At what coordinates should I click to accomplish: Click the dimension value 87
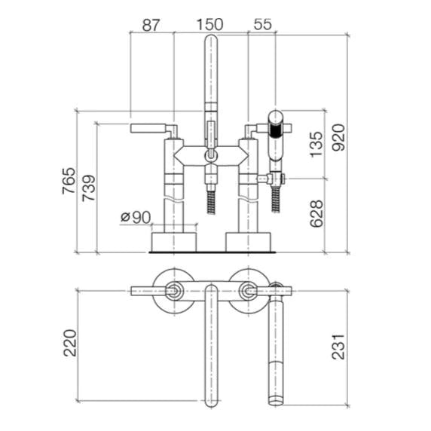[151, 25]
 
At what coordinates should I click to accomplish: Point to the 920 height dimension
[338, 137]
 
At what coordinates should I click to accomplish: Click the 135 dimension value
[316, 144]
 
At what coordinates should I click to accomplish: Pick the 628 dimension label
[316, 213]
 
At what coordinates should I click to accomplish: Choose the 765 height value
[69, 181]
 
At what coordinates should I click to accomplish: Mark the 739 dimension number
[89, 188]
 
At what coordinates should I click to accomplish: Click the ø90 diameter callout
[136, 217]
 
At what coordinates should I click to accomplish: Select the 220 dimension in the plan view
[70, 343]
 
